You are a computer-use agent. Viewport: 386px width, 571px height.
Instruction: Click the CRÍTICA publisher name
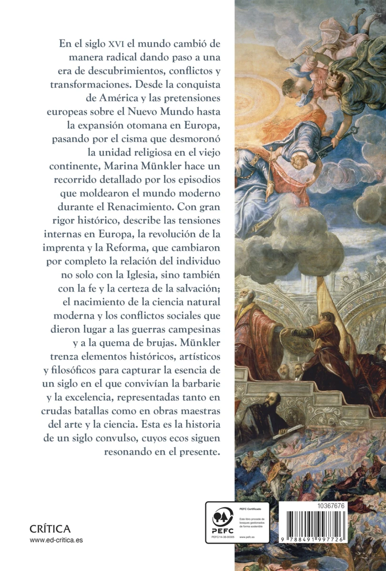(x=50, y=529)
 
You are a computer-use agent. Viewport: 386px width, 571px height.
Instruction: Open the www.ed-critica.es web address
(x=56, y=540)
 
